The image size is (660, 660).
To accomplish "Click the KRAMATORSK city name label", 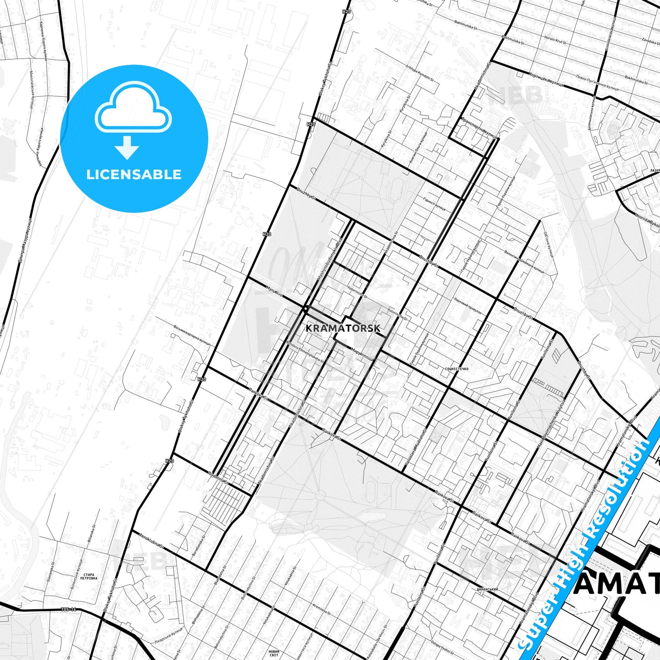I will (343, 328).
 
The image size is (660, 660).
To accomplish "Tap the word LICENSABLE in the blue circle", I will (134, 174).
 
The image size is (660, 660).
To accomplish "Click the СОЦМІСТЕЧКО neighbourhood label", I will (456, 369).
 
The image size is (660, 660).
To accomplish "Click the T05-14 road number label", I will (68, 609).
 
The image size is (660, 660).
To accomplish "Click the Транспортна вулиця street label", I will (479, 128).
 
